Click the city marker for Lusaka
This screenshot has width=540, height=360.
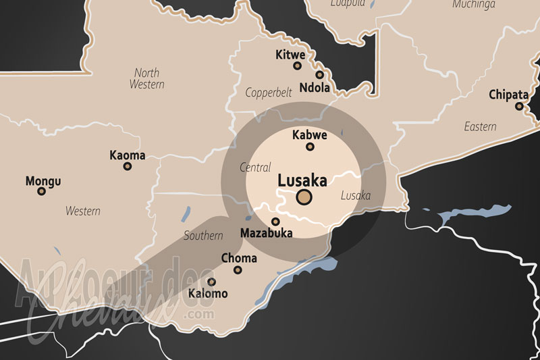(x=304, y=197)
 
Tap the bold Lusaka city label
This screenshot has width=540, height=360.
(x=302, y=180)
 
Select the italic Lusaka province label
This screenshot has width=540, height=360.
(x=356, y=196)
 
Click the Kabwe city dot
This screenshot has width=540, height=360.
(x=310, y=147)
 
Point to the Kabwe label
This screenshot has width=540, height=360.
(x=310, y=135)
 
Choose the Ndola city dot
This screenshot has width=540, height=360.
(x=319, y=75)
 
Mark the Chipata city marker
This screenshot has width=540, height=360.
(x=519, y=106)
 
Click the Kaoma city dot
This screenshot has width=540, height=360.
(x=127, y=166)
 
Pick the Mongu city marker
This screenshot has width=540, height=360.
(x=42, y=191)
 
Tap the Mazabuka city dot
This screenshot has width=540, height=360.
(x=275, y=222)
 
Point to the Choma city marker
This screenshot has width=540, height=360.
(x=238, y=270)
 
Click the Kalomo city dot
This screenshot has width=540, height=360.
(x=211, y=282)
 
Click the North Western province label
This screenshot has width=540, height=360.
(x=146, y=78)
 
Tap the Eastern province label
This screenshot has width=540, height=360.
(x=480, y=126)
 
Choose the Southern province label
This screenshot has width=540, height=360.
(x=203, y=236)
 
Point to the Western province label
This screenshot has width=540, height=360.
(x=82, y=211)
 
